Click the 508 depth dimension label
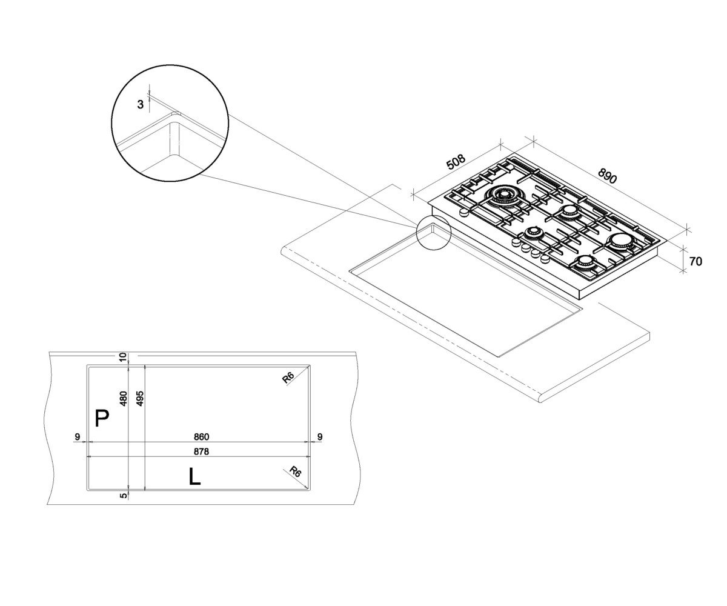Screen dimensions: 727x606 [456, 162]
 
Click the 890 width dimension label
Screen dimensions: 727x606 [607, 176]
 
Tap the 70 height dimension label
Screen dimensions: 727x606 [695, 262]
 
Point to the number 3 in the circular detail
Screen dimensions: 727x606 [141, 104]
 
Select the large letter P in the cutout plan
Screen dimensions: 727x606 [102, 418]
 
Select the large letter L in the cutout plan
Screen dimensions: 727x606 [194, 476]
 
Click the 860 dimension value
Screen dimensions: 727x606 [201, 437]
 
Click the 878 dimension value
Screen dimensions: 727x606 [201, 451]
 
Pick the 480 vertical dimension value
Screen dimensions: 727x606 [123, 398]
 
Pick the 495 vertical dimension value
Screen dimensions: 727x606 [139, 398]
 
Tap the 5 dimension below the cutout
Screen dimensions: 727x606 [123, 495]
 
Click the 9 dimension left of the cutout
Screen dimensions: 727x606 [78, 437]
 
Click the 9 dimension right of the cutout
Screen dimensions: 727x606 [320, 437]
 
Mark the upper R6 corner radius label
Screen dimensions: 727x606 [288, 378]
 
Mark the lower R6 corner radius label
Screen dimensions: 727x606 [295, 472]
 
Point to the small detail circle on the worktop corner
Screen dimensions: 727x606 [433, 232]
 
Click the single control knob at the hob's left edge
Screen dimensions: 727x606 [464, 213]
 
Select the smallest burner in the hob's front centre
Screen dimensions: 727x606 [533, 233]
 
